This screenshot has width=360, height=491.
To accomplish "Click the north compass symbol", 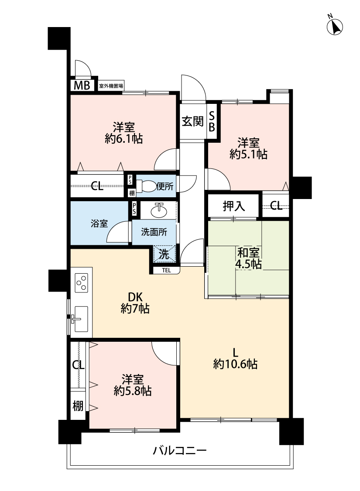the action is (x=335, y=26).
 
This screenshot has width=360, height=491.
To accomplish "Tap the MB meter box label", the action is (x=82, y=85).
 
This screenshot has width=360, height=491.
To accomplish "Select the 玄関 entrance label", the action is (x=192, y=121).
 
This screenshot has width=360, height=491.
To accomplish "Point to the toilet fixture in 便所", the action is (x=146, y=186).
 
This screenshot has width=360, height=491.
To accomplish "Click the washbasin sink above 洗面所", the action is (x=159, y=210).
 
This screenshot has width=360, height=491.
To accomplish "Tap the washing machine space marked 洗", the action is (x=164, y=254).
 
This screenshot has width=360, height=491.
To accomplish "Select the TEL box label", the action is (x=166, y=270).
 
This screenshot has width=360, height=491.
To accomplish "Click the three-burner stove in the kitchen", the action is (x=82, y=283).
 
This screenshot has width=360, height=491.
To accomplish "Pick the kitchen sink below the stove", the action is (x=80, y=319).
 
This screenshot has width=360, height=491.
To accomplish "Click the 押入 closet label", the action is (x=233, y=206).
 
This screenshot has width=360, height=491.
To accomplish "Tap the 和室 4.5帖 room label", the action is (x=248, y=258).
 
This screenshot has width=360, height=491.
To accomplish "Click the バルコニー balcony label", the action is (x=180, y=450).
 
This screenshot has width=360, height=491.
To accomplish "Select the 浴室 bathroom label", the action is (x=99, y=223).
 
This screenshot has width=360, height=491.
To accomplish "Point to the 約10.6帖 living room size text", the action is (x=235, y=364).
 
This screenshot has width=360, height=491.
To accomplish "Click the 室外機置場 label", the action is (x=111, y=86).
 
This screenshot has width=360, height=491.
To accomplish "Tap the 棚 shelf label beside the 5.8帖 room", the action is (x=78, y=406).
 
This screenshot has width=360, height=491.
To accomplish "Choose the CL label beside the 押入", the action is (x=276, y=206).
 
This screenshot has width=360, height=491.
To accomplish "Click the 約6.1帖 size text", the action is (x=124, y=138).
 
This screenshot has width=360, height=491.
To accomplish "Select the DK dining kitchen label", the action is (x=135, y=296).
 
